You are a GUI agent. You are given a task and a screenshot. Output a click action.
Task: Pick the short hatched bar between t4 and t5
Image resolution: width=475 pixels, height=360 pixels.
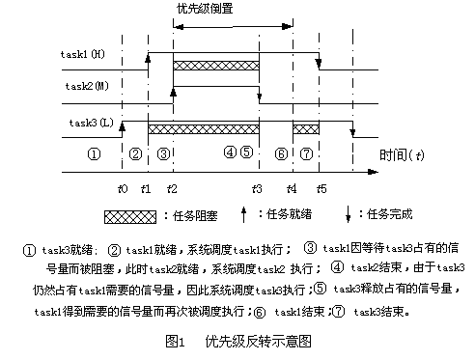[x=305, y=128]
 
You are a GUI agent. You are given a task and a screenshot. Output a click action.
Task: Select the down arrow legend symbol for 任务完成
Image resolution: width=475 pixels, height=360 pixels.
[x=346, y=214]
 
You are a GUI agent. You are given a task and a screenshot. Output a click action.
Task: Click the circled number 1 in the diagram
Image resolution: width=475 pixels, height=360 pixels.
[x=95, y=152]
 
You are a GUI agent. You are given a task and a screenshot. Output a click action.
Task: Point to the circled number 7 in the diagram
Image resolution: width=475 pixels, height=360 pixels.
[x=306, y=152]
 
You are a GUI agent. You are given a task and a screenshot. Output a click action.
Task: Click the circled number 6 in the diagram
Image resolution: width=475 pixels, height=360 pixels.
[x=280, y=152]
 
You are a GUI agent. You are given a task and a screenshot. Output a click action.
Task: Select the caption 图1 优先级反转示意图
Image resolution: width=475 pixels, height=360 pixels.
[x=238, y=340]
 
